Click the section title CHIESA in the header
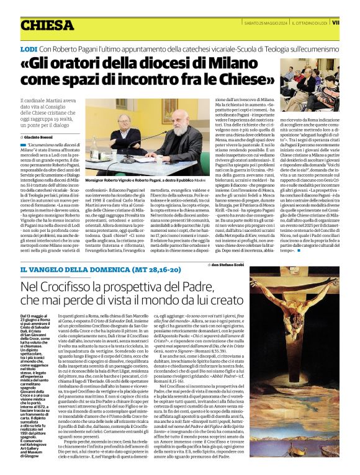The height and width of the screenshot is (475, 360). (47, 25)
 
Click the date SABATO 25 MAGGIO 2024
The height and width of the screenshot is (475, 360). (263, 22)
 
